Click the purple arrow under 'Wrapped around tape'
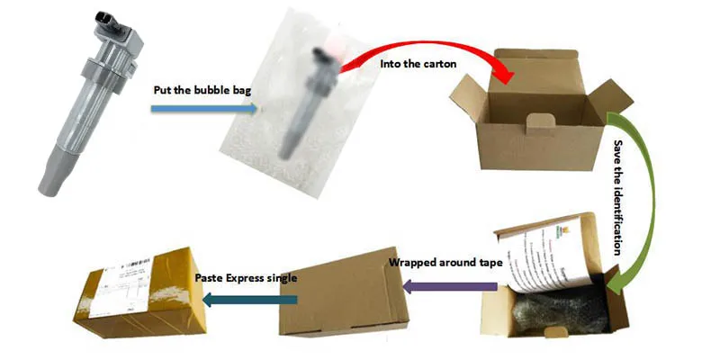pyautogui.click(x=450, y=286)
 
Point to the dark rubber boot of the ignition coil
pyautogui.click(x=54, y=175)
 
